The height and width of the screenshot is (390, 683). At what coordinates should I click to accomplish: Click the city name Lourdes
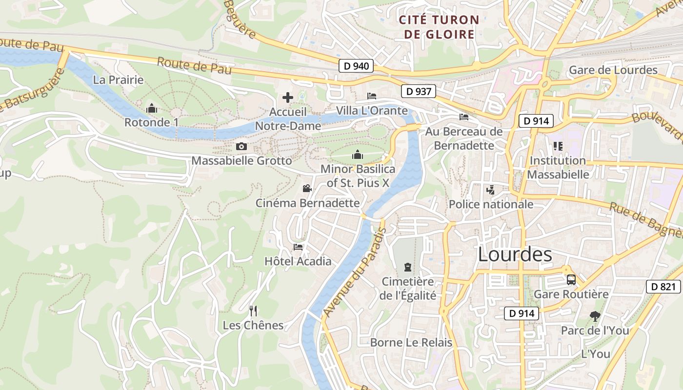[x=515, y=254]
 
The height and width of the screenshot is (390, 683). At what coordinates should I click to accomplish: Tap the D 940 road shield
[x=356, y=66]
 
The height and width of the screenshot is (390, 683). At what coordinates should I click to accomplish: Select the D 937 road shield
[x=418, y=91]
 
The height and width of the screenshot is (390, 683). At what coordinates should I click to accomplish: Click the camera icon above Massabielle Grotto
[x=241, y=146]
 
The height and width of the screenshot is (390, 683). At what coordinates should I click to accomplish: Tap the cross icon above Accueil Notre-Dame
[x=288, y=97]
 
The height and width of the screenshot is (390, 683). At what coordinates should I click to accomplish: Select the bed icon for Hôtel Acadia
[x=298, y=247]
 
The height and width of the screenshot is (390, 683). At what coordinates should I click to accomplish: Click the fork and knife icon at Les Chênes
[x=253, y=311]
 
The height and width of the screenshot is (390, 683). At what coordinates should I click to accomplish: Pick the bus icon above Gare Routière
[x=571, y=280]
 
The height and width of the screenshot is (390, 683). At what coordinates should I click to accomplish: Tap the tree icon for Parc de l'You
[x=595, y=316]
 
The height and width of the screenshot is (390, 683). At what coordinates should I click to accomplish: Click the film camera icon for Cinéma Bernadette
[x=307, y=189]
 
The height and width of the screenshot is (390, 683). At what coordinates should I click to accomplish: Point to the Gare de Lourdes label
[x=613, y=70]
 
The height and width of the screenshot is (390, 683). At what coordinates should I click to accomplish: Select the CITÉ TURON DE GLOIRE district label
[x=438, y=27]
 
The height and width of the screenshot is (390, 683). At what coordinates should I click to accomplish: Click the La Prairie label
[x=118, y=79]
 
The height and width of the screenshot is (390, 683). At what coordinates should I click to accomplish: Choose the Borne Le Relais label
[x=411, y=342]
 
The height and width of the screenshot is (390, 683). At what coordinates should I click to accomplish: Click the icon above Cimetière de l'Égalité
[x=407, y=267]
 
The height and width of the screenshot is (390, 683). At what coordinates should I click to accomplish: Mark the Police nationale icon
[x=490, y=190]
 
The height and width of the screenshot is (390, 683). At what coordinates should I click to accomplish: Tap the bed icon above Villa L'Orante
[x=372, y=96]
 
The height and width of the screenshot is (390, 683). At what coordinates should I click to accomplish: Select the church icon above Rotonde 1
[x=152, y=108]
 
